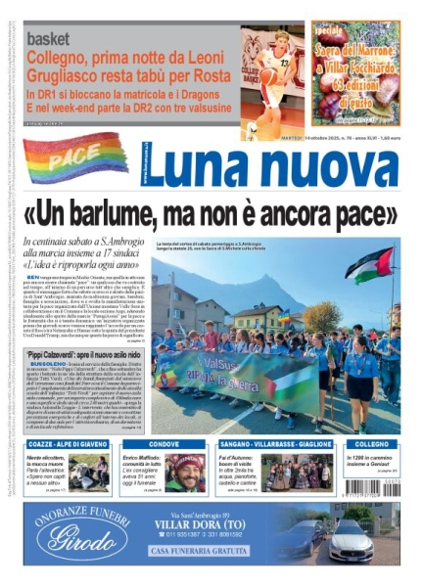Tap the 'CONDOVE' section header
point(164,443)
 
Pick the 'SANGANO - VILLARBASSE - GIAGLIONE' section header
point(274,443)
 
